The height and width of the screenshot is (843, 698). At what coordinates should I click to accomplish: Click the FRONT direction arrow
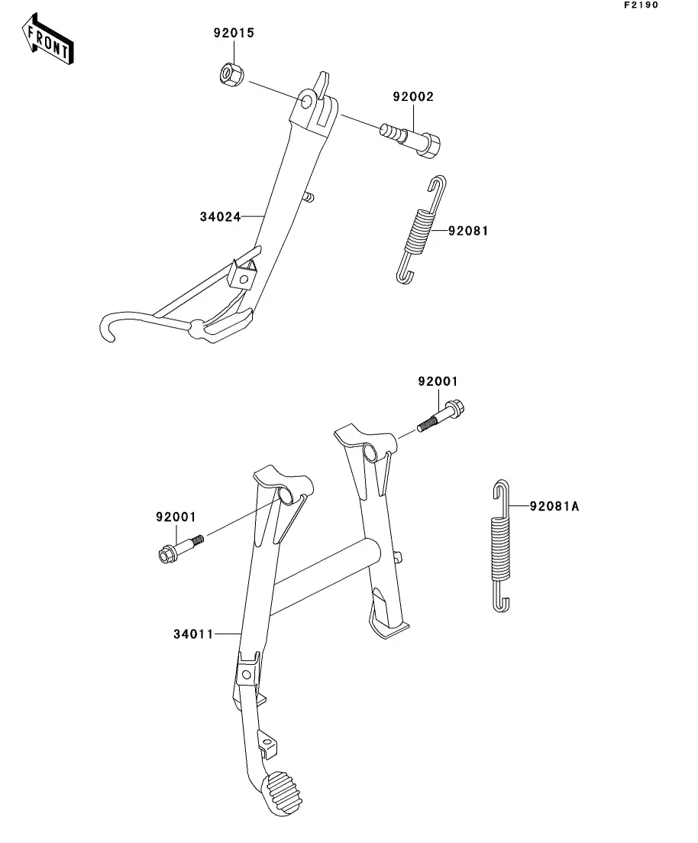[x=47, y=39]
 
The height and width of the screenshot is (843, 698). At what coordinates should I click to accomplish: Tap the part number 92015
[x=234, y=33]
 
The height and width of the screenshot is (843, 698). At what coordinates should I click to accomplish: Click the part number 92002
[x=412, y=97]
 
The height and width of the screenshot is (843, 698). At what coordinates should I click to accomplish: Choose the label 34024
[x=220, y=216]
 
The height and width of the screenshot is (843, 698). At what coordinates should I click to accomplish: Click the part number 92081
[x=468, y=231]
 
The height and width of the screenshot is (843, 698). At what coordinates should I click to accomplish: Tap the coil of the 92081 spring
[x=420, y=230]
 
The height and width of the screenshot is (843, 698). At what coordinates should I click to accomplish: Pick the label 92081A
[x=554, y=506]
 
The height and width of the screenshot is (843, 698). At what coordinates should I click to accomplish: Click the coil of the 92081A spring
[x=501, y=549]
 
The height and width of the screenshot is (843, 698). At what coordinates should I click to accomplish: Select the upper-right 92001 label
[x=438, y=381]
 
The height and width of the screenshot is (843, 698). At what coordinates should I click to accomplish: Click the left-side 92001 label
[x=176, y=517]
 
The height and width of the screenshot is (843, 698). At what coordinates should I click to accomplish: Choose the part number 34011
[x=193, y=634]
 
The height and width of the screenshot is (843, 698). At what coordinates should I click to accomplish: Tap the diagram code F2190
[x=641, y=5]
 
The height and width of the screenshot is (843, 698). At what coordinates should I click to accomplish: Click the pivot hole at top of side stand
[x=307, y=101]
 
